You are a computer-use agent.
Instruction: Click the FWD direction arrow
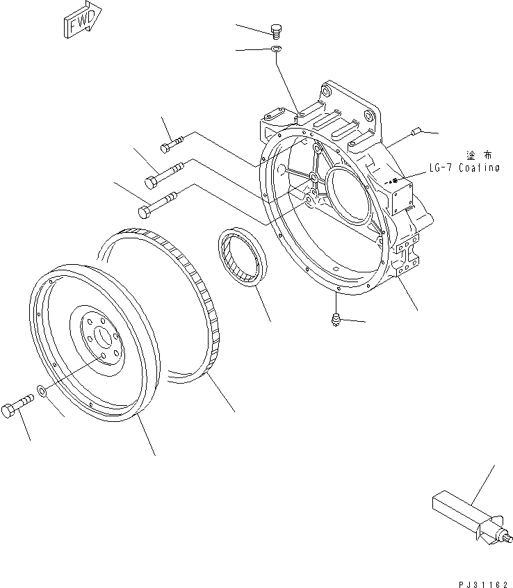[x=80, y=23]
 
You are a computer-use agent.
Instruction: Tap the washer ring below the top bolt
[x=275, y=49]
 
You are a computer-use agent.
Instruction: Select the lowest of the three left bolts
[x=157, y=204]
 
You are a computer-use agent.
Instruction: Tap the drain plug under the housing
[x=335, y=318]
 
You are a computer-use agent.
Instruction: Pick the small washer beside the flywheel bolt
[x=43, y=393]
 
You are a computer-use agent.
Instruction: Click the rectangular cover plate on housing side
[x=402, y=198]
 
